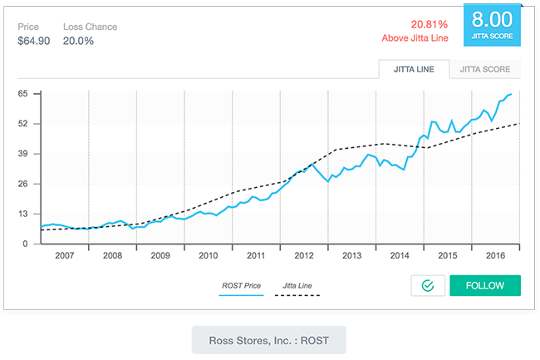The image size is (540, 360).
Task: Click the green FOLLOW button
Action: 485,285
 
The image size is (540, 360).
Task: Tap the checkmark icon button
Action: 428,285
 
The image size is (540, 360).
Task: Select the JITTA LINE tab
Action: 414,69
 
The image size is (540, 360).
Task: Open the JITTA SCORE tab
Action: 485,69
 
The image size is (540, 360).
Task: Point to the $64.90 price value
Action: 35,40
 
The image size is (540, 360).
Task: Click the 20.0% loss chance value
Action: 77,40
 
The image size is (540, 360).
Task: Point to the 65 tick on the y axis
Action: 23,93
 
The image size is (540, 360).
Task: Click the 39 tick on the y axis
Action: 23,154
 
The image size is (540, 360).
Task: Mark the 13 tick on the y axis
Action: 23,214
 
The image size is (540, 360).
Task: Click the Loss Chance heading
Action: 90,27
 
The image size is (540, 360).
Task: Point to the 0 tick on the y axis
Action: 26,244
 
